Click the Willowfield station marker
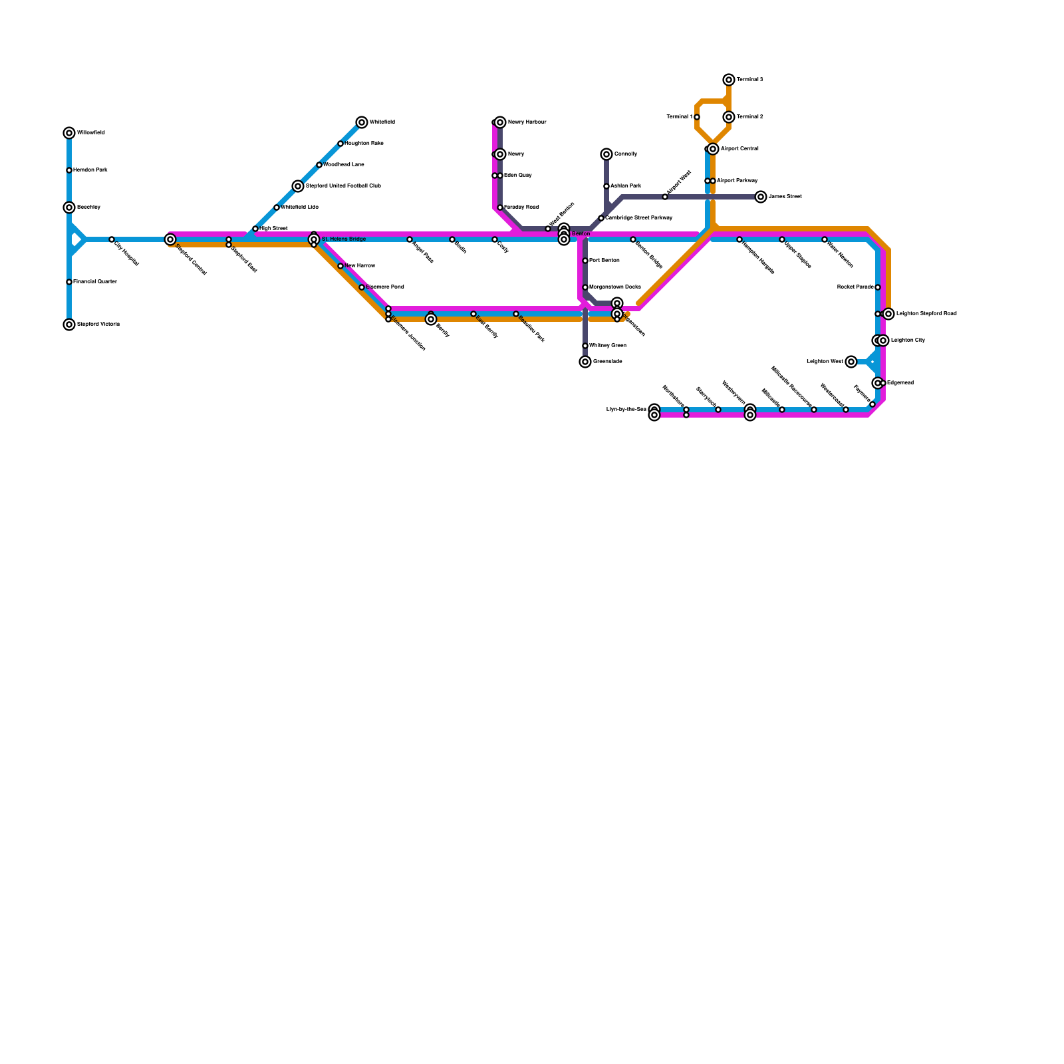[69, 133]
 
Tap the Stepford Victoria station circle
[69, 325]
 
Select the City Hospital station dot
[112, 239]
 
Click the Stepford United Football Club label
[343, 186]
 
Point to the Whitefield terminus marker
[362, 122]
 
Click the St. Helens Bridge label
[343, 239]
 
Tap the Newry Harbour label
[527, 122]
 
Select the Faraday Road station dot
[500, 207]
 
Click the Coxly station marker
[495, 239]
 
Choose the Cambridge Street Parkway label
[638, 218]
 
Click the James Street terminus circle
[761, 197]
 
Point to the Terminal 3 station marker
[729, 80]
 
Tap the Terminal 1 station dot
[697, 117]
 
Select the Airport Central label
[739, 149]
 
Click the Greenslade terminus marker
[585, 362]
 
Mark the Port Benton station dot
[585, 261]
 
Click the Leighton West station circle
[851, 362]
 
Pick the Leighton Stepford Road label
[926, 314]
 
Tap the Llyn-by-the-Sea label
[626, 410]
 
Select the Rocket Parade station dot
[878, 287]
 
